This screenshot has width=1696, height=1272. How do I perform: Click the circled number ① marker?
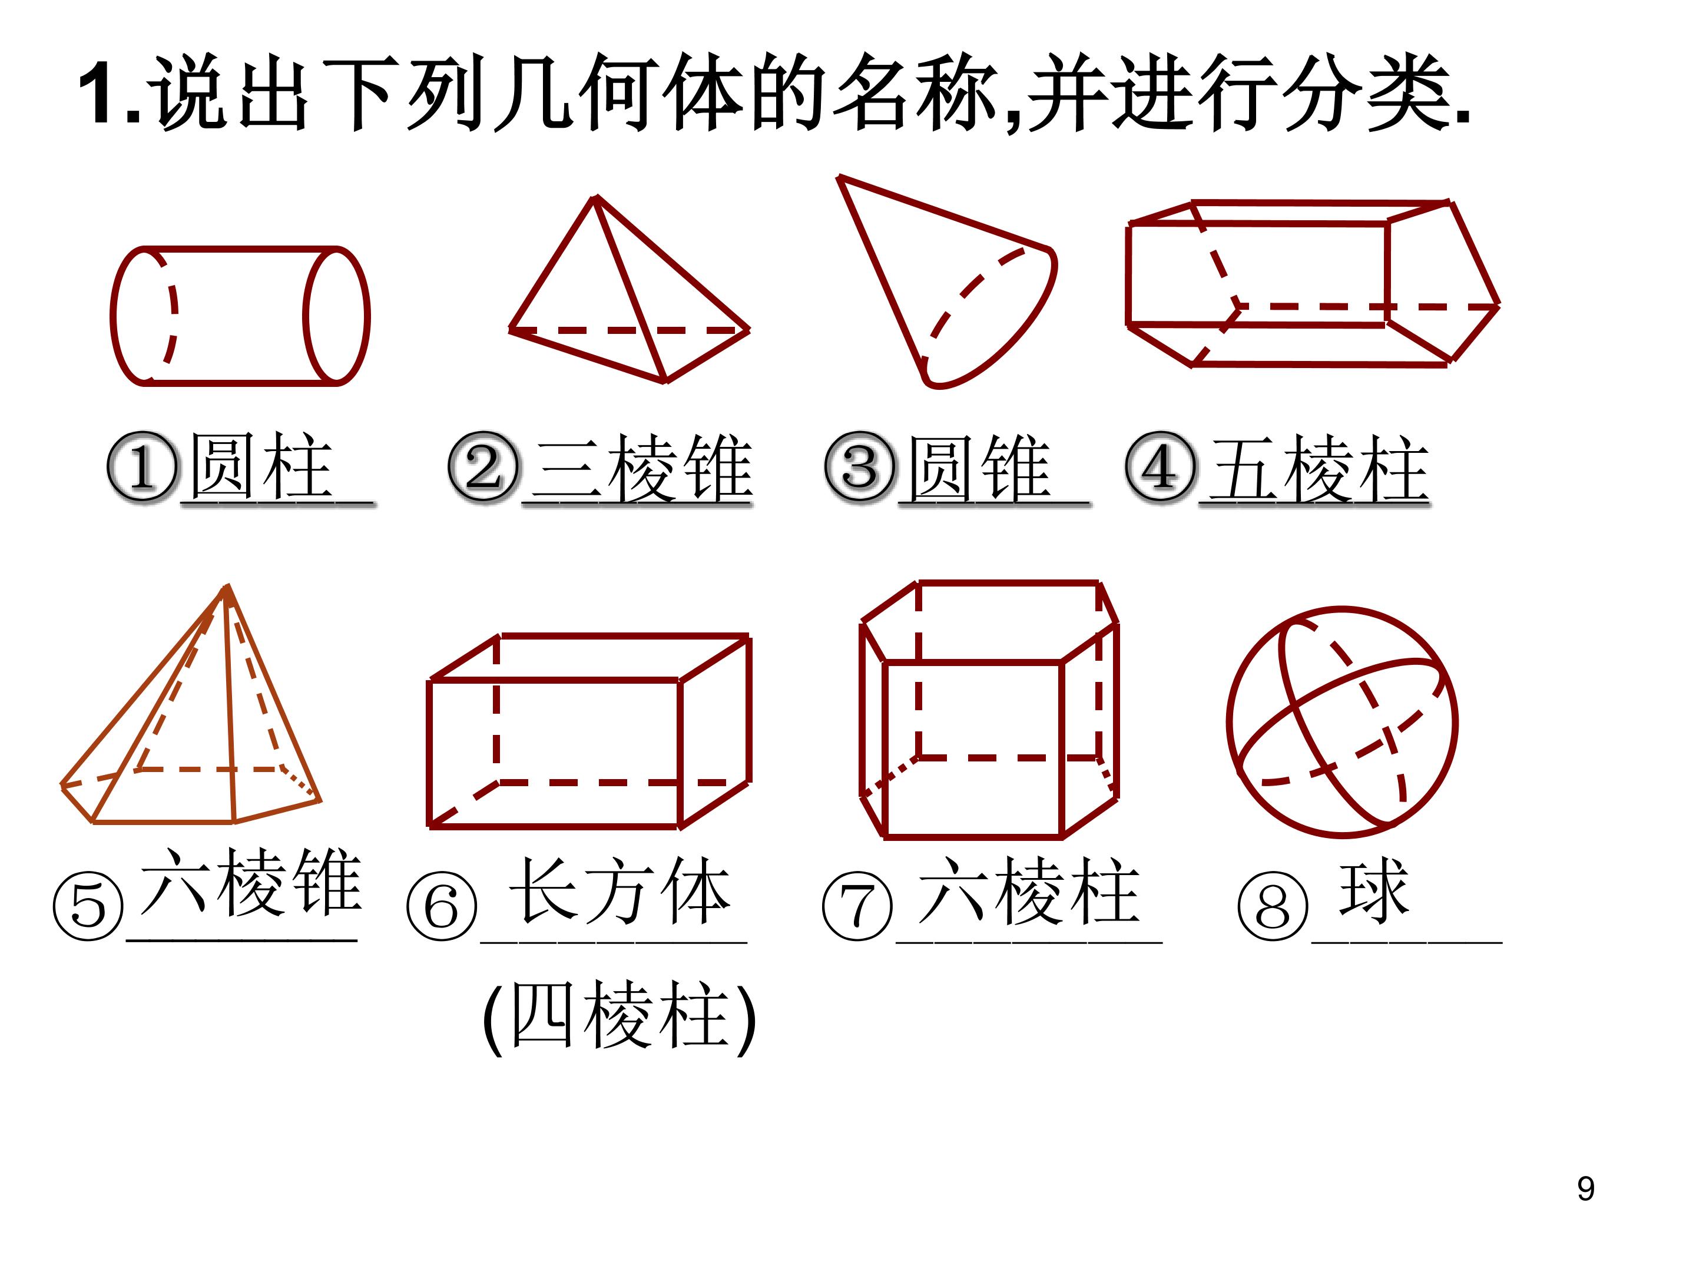[142, 467]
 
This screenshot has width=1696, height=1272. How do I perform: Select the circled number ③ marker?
[860, 467]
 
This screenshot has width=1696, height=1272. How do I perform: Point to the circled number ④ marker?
[1160, 467]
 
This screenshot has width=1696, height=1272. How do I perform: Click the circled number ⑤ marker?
[88, 906]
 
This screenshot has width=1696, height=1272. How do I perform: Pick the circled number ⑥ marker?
[442, 906]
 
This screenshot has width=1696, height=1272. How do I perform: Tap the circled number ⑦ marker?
[857, 906]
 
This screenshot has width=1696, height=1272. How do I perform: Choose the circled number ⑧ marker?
[1274, 906]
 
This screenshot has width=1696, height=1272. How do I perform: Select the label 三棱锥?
[642, 467]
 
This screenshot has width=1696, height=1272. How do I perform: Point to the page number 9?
[1586, 1189]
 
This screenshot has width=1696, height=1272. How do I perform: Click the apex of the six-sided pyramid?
[227, 587]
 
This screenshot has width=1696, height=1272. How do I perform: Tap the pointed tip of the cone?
[840, 178]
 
